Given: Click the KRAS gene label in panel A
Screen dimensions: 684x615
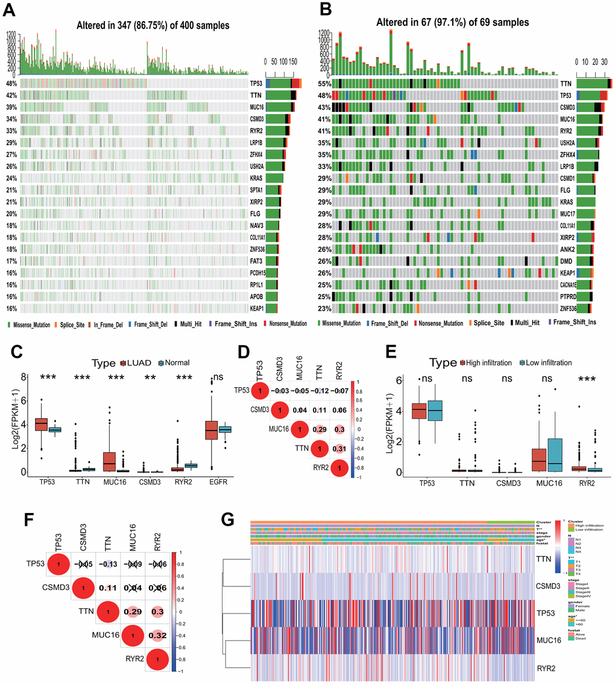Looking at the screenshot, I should [257, 178].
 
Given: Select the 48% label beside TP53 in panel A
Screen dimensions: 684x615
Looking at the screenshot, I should [11, 84].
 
